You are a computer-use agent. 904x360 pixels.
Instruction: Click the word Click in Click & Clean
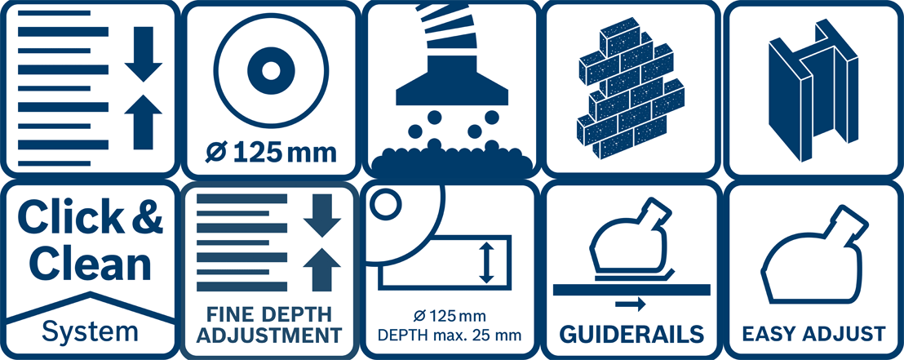click(62, 219)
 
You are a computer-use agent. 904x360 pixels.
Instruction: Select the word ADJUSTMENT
click(269, 336)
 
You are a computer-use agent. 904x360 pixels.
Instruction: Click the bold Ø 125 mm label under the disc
click(271, 153)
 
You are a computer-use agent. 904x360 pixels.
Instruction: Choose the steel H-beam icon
click(812, 90)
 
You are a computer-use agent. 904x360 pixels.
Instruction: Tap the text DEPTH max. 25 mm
click(452, 335)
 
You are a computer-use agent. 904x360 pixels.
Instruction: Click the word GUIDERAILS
click(632, 335)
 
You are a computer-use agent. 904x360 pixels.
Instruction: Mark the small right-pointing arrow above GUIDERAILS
click(631, 304)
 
